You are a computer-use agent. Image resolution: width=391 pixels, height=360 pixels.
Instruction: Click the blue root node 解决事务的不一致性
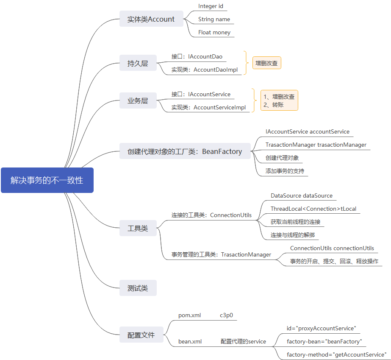click(47, 180)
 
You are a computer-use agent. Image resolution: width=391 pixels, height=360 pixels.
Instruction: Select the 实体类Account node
click(151, 19)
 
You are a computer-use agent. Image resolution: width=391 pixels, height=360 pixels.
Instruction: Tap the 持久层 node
click(138, 64)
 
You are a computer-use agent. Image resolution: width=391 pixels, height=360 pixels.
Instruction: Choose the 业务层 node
click(138, 101)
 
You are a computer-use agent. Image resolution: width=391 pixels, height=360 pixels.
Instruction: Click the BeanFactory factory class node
click(185, 151)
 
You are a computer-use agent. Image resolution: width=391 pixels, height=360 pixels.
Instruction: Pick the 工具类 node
click(138, 228)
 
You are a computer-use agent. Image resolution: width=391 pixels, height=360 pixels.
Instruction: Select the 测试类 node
click(138, 288)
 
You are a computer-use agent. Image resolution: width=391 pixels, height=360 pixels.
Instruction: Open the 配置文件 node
click(141, 335)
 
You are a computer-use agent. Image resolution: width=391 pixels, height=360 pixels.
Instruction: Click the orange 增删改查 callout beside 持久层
click(267, 63)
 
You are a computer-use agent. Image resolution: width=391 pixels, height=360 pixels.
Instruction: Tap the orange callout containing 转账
click(279, 100)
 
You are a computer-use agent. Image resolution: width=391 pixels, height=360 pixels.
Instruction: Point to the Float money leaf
click(214, 32)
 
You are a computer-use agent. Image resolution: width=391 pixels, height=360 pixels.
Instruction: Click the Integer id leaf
click(211, 6)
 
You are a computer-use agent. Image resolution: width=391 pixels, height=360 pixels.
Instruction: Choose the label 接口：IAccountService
click(201, 94)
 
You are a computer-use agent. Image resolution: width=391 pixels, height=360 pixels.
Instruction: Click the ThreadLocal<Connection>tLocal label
click(313, 209)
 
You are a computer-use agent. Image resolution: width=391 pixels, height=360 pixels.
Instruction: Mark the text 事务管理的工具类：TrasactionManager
click(221, 254)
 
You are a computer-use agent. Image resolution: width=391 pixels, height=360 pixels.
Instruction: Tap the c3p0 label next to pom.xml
click(226, 315)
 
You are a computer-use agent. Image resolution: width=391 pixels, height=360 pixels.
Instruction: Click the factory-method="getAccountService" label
click(336, 354)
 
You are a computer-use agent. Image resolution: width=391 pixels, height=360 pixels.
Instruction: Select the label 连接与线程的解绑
click(293, 234)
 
